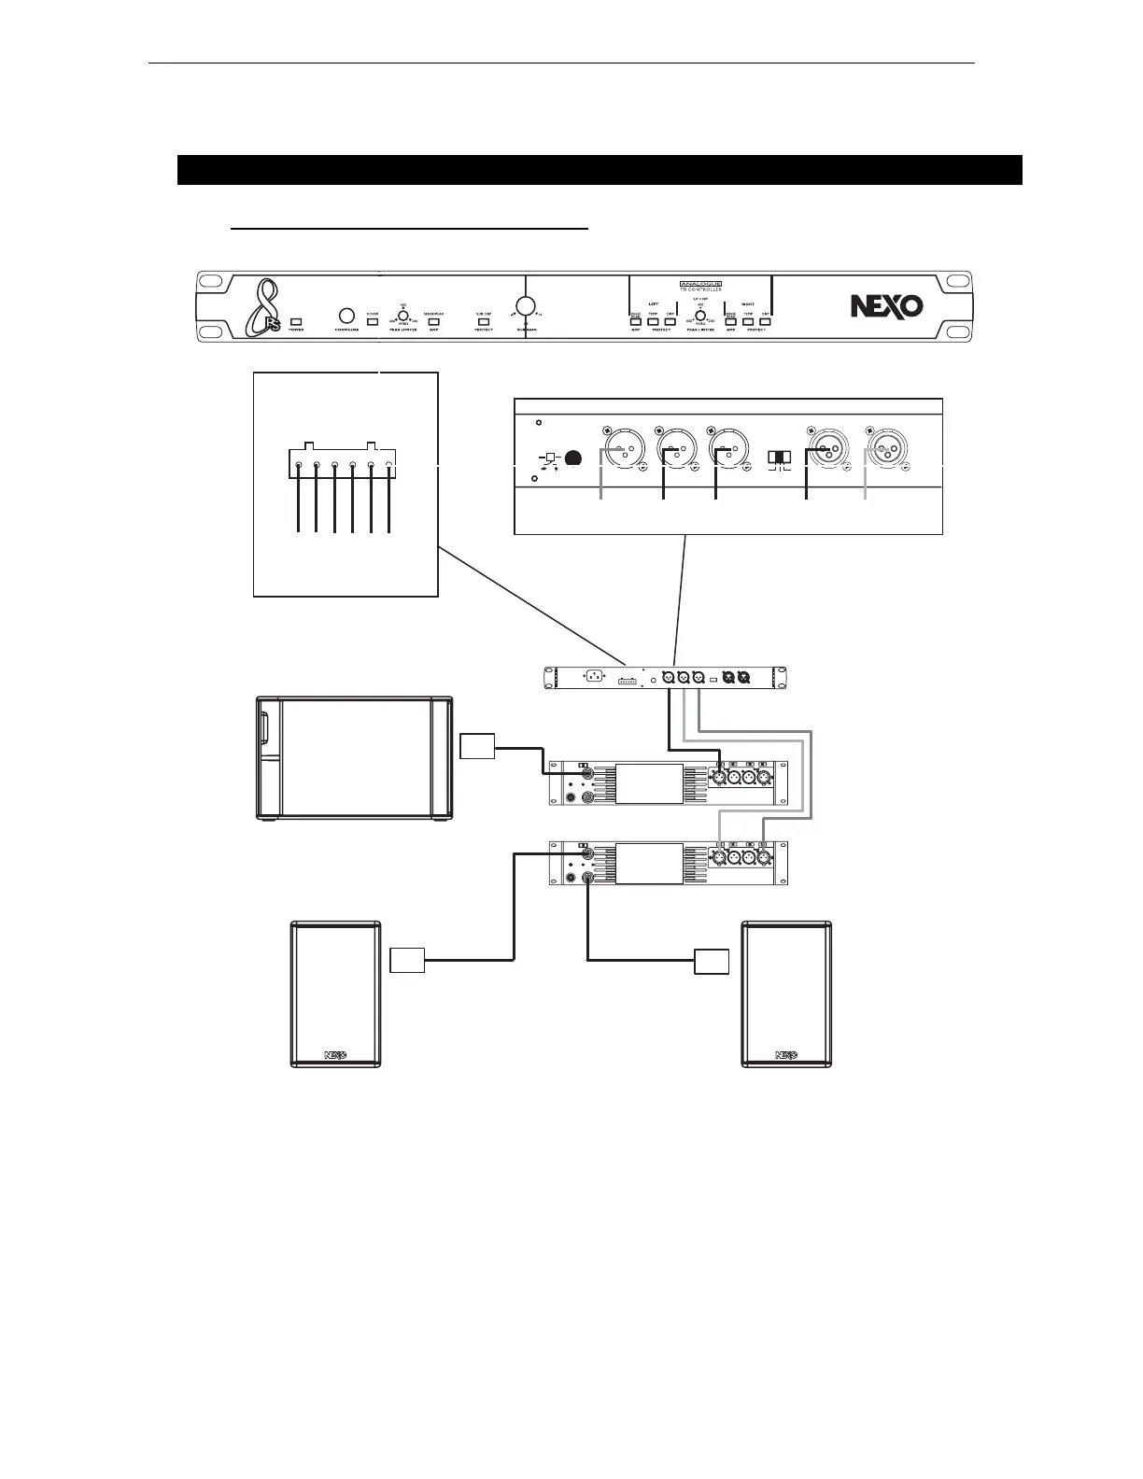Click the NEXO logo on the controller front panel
point(885,305)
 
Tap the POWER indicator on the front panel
point(296,320)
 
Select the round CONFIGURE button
point(346,315)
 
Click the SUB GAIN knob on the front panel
point(526,305)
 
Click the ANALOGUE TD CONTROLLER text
point(699,285)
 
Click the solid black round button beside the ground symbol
point(574,458)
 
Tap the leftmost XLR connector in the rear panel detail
point(617,450)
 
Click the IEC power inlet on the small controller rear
point(591,678)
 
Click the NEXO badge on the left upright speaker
point(336,1055)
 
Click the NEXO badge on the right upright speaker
point(786,1055)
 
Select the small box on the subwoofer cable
point(477,747)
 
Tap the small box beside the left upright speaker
point(407,960)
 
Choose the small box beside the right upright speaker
point(711,960)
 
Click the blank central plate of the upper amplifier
point(648,782)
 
